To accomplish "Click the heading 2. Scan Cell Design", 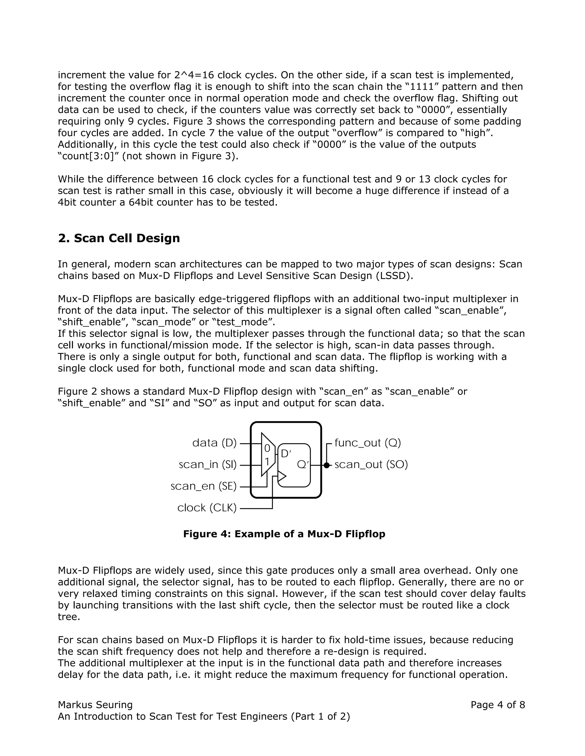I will tap(119, 238).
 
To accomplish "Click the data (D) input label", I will tap(214, 443).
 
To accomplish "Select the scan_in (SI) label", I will tap(208, 464).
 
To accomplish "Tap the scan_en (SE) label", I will tap(203, 486).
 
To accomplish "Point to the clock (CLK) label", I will tap(207, 508).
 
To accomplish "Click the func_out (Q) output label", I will tap(368, 443).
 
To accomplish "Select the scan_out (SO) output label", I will tap(371, 464).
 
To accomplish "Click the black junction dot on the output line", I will tap(326, 465).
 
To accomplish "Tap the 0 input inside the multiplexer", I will tap(267, 449).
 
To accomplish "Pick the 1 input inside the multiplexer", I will tap(267, 462).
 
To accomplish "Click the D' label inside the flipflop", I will tap(286, 454).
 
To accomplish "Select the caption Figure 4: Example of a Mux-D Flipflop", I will tap(284, 534).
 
